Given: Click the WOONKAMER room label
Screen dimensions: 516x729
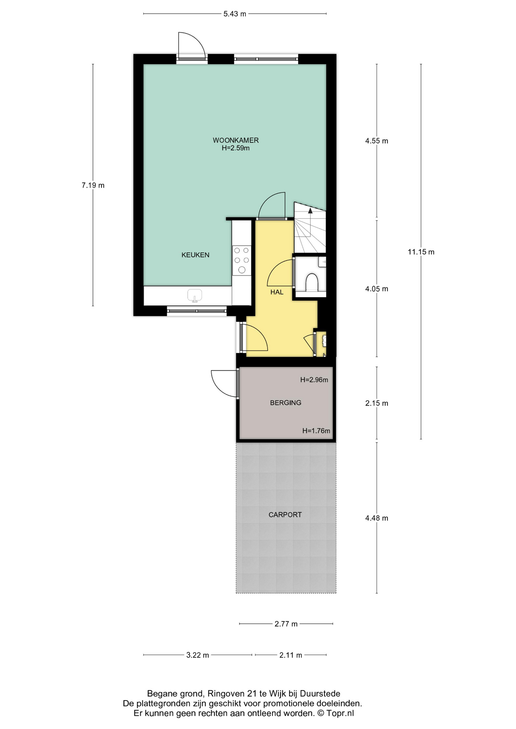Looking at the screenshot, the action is pyautogui.click(x=236, y=140).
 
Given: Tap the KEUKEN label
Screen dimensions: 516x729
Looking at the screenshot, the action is pyautogui.click(x=195, y=255).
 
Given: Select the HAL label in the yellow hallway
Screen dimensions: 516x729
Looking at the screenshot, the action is pyautogui.click(x=277, y=292).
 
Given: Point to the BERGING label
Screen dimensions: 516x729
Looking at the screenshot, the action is pyautogui.click(x=285, y=402).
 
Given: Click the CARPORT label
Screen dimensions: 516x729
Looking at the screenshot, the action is pyautogui.click(x=285, y=514).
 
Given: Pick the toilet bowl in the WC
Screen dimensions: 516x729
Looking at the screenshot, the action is pyautogui.click(x=312, y=282).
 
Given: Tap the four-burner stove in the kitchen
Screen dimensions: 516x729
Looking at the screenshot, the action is pyautogui.click(x=242, y=260).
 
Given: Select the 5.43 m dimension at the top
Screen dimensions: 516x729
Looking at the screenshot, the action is pyautogui.click(x=235, y=14).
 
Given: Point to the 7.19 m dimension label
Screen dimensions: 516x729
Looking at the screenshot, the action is pyautogui.click(x=93, y=185).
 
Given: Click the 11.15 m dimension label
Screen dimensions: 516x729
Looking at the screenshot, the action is pyautogui.click(x=421, y=252).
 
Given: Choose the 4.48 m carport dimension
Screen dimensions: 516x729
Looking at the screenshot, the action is pyautogui.click(x=377, y=518).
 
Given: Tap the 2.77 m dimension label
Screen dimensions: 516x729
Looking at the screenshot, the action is pyautogui.click(x=286, y=623).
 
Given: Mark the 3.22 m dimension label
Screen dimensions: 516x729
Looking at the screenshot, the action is pyautogui.click(x=198, y=655).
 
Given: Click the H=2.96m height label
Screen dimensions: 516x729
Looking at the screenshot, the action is pyautogui.click(x=314, y=380).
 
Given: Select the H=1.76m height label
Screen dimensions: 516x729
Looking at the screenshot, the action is pyautogui.click(x=316, y=431).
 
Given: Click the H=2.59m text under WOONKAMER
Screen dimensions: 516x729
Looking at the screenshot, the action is pyautogui.click(x=236, y=148).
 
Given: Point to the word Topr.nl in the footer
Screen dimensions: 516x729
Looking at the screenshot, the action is pyautogui.click(x=340, y=713).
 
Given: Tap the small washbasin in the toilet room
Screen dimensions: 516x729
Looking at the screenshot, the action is pyautogui.click(x=322, y=262).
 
